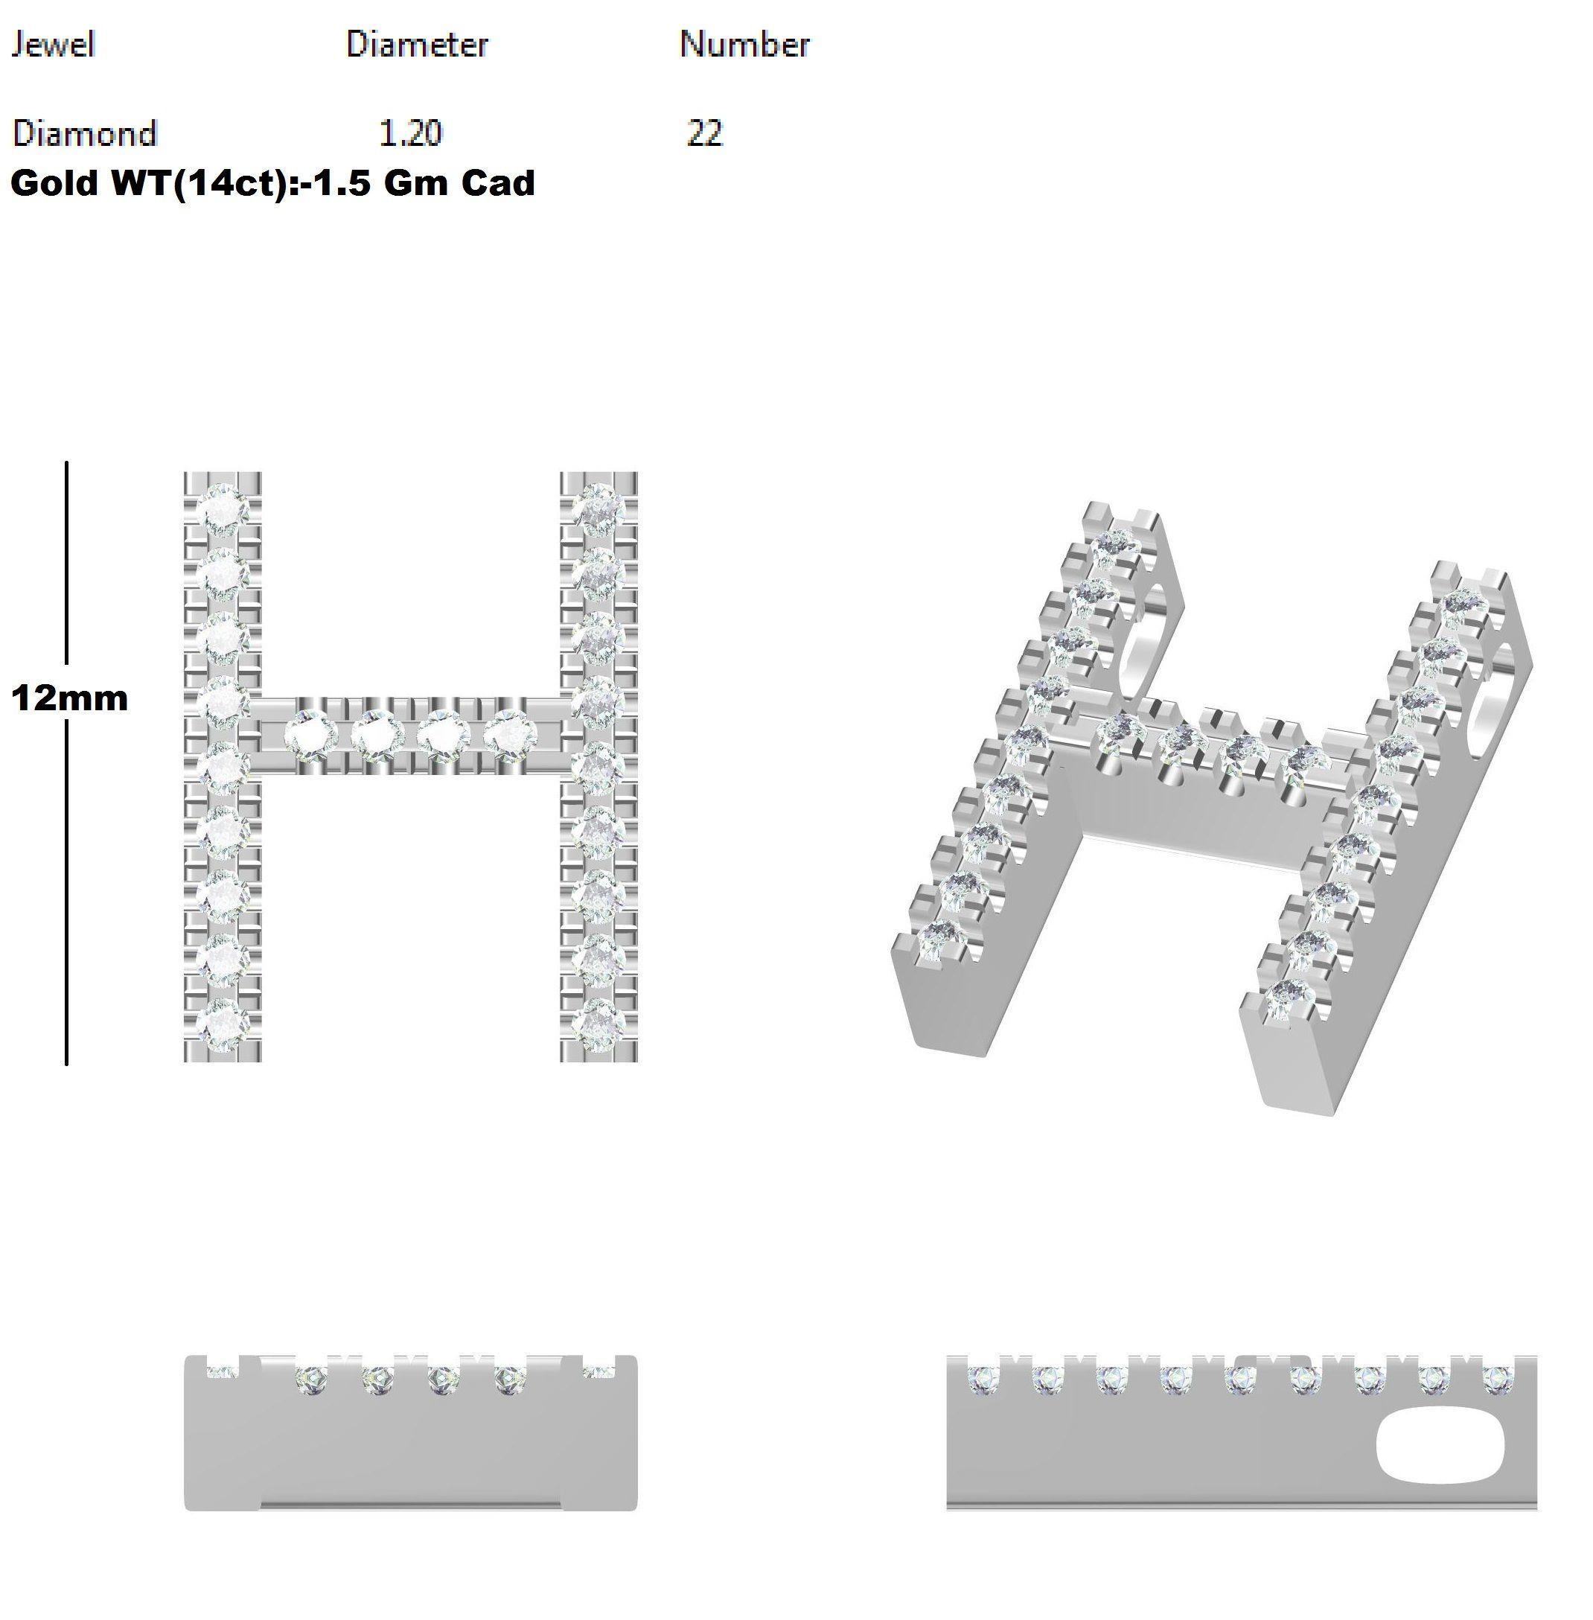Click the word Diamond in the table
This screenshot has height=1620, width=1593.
(x=85, y=133)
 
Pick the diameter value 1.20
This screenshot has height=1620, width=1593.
(x=410, y=133)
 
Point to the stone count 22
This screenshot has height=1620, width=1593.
(x=704, y=133)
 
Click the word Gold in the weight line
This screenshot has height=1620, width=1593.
(x=55, y=183)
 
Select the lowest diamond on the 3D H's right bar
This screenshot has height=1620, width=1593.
(x=1286, y=999)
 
